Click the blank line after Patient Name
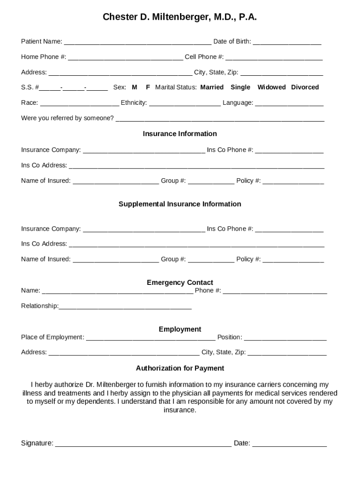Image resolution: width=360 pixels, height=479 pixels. (137, 42)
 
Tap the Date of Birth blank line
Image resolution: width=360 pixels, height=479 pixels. (287, 42)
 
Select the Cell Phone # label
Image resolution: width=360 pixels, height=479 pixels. (204, 57)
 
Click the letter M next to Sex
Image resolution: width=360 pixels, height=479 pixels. (135, 87)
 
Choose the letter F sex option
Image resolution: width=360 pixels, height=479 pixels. (148, 87)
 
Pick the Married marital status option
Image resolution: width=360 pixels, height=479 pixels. (212, 87)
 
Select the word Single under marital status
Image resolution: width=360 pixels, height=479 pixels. (240, 87)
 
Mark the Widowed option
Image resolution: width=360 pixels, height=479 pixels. (271, 87)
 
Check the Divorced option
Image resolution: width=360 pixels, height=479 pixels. (305, 87)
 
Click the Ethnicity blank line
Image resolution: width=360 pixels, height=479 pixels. (185, 103)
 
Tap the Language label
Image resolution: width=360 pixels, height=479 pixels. (238, 103)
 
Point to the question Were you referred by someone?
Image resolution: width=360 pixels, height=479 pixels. (67, 118)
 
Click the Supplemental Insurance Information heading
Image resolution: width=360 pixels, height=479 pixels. (180, 204)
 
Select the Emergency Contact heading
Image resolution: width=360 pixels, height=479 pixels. (180, 283)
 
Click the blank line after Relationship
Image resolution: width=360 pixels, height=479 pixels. (125, 307)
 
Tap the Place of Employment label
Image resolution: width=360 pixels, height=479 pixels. (52, 337)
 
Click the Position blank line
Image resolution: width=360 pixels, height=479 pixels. (285, 338)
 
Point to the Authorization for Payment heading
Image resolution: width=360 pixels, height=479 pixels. (180, 368)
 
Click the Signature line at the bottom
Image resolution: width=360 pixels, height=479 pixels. (143, 444)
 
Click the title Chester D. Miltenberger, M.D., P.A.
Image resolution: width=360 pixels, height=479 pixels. (180, 17)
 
